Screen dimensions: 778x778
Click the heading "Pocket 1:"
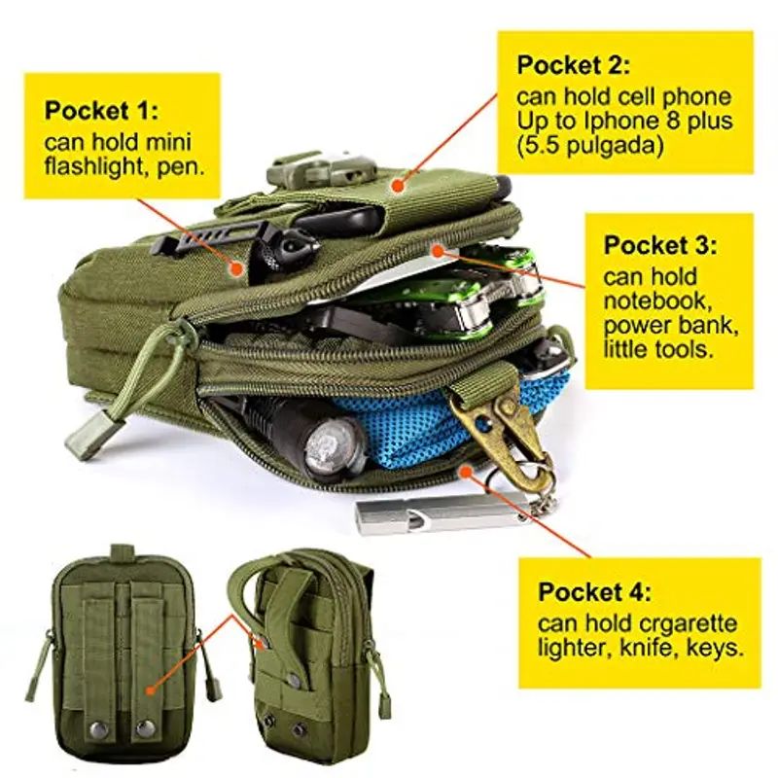coord(102,110)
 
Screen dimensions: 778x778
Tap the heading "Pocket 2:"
coord(574,65)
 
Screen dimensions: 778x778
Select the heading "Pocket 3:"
coord(660,245)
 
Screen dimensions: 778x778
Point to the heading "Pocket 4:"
coord(595,591)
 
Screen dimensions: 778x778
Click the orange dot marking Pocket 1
coord(236,268)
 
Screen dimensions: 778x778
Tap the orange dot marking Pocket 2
coord(397,186)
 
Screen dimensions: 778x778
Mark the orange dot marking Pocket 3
coord(437,252)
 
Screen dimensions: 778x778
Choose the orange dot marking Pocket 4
coord(465,472)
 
